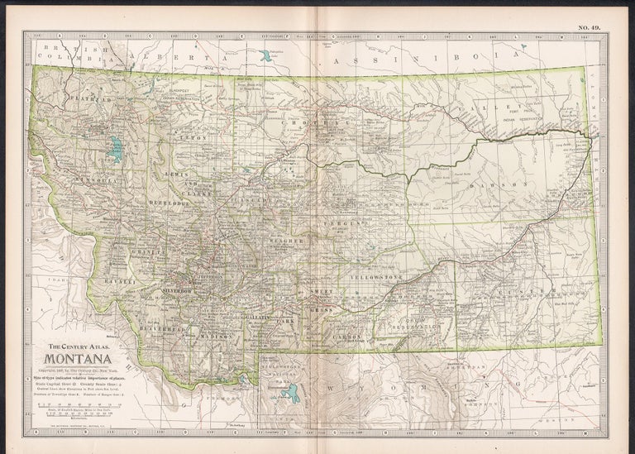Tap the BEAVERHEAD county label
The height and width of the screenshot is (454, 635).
167,328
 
